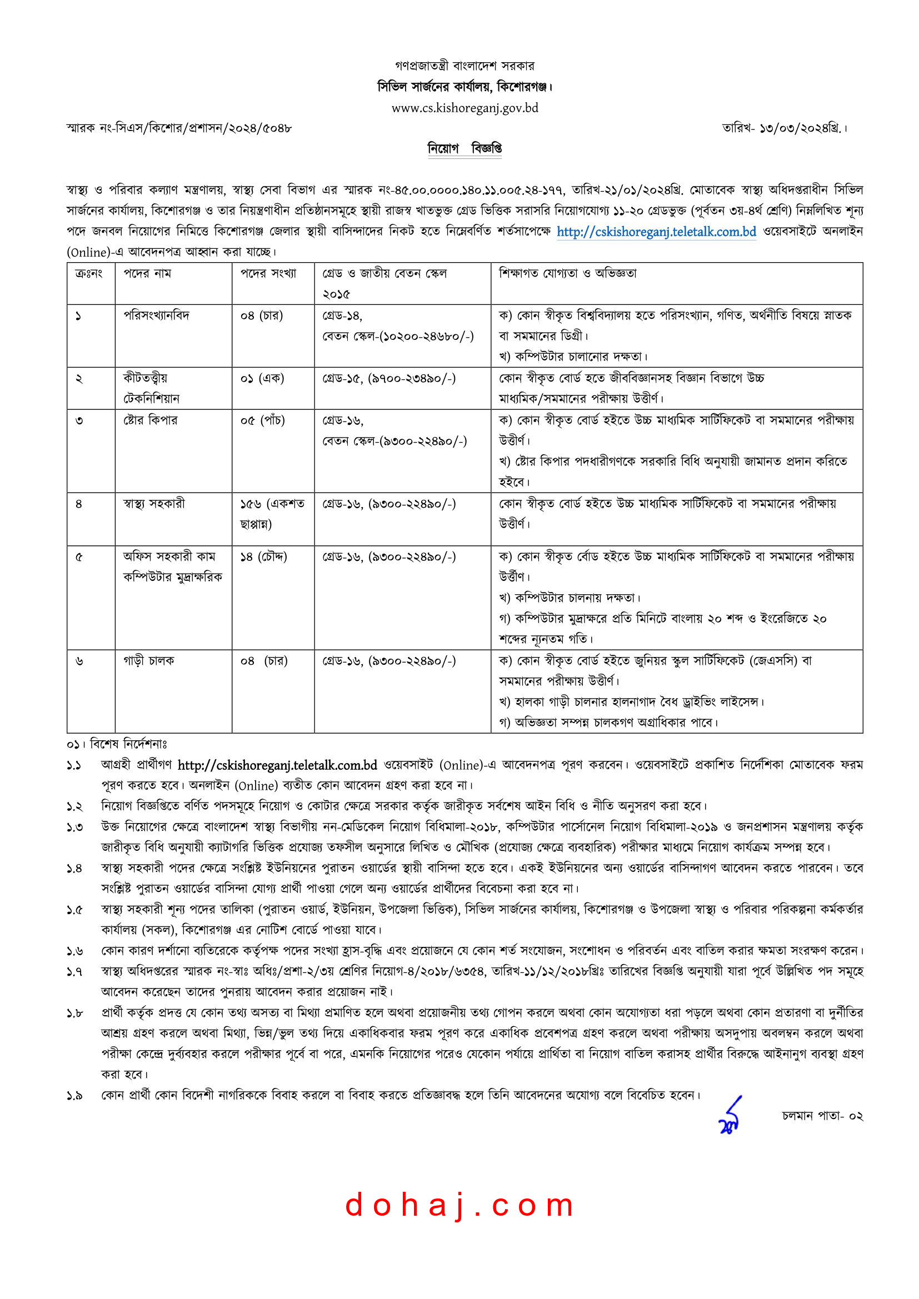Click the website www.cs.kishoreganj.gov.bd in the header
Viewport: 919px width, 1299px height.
click(x=465, y=108)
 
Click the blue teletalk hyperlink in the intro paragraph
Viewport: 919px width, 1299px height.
click(x=656, y=232)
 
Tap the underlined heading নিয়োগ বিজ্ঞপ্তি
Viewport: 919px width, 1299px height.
click(x=465, y=148)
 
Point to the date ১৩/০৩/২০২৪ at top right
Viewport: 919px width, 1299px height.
click(x=785, y=128)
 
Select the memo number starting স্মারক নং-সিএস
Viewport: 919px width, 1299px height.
click(x=179, y=128)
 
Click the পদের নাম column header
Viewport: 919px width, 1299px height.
click(x=147, y=273)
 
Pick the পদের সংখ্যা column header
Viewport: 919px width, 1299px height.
click(x=268, y=273)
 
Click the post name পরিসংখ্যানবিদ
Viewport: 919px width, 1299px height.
click(x=157, y=315)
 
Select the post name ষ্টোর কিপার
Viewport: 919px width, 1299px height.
click(x=151, y=420)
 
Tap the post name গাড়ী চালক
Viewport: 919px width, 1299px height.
click(x=149, y=660)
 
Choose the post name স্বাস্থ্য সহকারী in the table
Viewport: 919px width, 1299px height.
click(x=154, y=503)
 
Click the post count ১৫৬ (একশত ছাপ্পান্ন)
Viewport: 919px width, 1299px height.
click(x=272, y=513)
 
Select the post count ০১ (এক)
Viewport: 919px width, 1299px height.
click(x=262, y=378)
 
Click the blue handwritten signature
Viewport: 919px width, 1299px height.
click(x=730, y=1115)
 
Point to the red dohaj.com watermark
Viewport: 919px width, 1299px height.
click(x=459, y=1205)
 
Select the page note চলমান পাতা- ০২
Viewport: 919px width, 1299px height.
click(x=822, y=1116)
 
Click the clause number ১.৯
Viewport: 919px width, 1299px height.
click(x=74, y=1096)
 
